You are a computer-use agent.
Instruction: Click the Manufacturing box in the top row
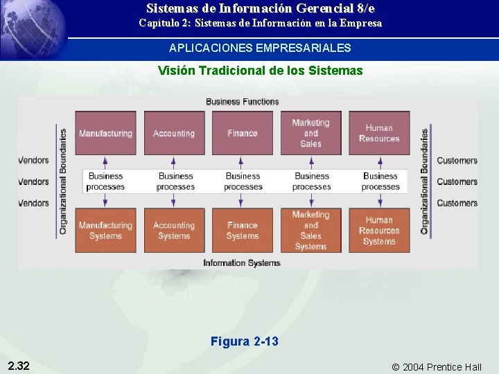point(105,133)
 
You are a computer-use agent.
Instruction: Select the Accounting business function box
point(174,133)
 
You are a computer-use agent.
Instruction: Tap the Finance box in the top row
point(242,133)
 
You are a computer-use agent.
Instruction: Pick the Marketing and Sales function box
point(310,133)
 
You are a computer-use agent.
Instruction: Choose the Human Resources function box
point(379,133)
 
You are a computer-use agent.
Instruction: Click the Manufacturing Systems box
point(105,231)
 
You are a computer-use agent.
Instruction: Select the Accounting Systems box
point(174,231)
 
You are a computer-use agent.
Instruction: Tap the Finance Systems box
point(242,231)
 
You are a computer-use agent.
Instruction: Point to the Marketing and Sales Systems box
point(310,231)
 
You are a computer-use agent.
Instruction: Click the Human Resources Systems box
point(379,231)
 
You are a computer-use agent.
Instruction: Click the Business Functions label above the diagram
point(242,102)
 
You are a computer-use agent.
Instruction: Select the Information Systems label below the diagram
point(242,263)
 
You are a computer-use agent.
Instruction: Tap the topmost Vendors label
point(33,161)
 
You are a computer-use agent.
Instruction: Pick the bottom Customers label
point(457,204)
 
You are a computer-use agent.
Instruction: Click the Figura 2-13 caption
point(245,341)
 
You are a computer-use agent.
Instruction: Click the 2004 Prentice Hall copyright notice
point(437,367)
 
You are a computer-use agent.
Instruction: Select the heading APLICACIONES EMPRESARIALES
point(260,48)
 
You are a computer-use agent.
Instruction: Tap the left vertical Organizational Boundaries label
point(63,181)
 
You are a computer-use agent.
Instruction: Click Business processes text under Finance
point(243,181)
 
